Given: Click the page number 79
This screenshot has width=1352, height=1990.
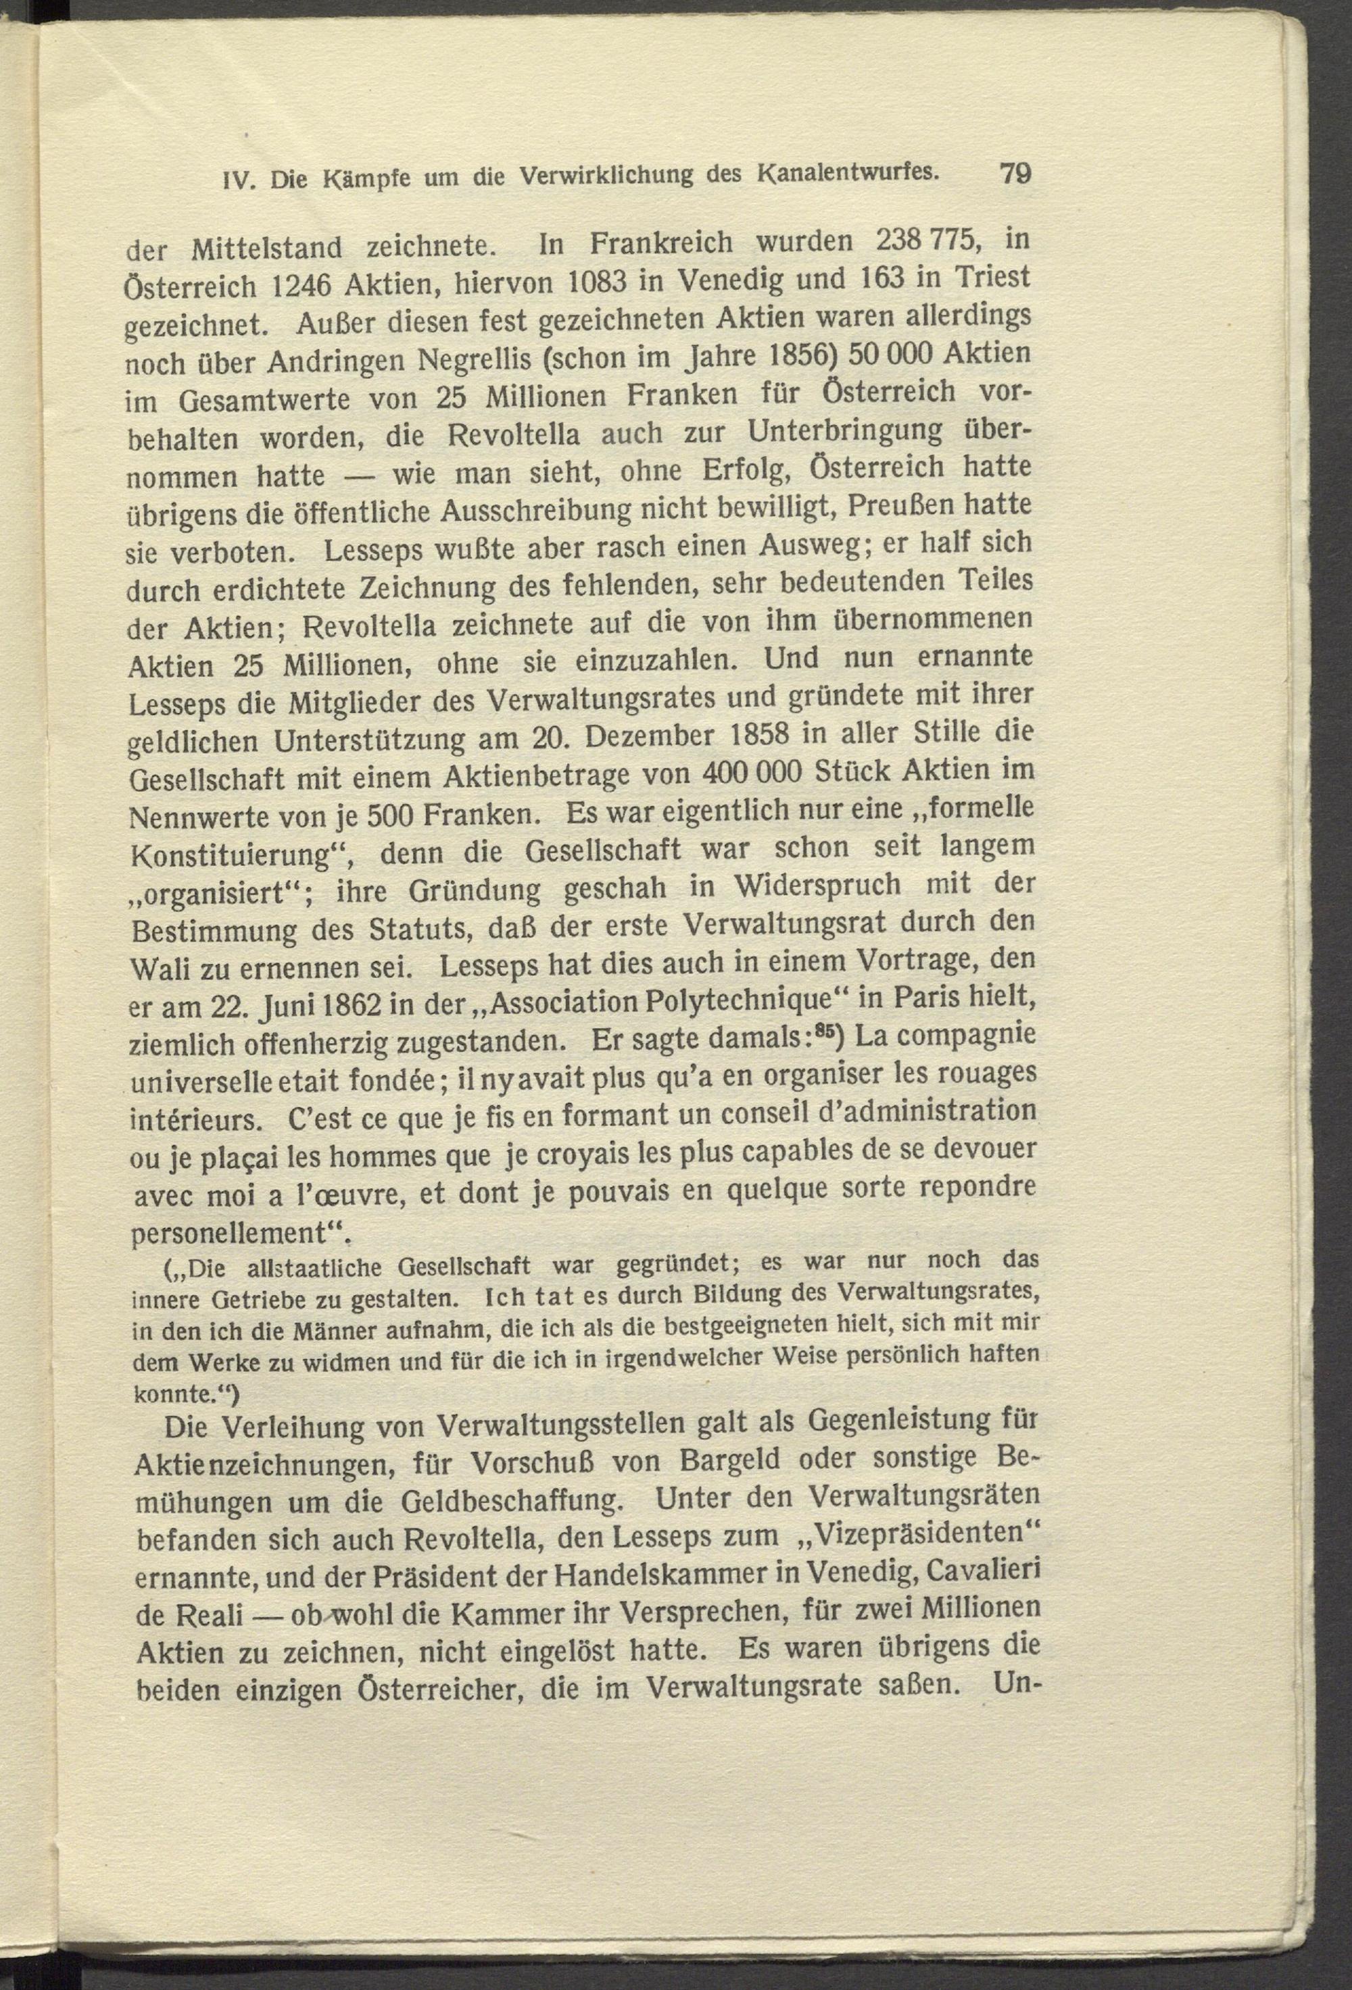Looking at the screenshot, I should (x=1015, y=173).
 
